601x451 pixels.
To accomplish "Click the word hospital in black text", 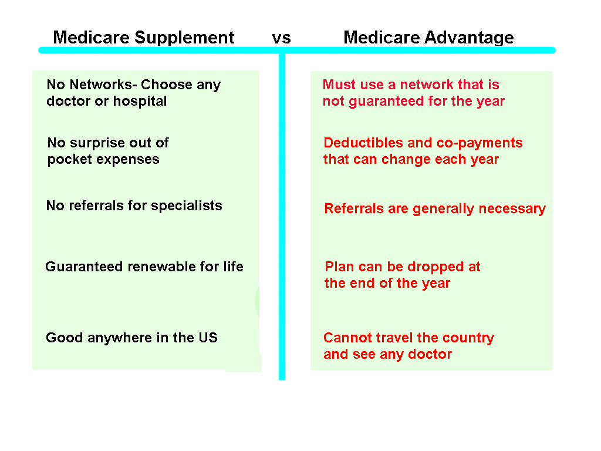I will [140, 101].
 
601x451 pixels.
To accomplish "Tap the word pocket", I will [68, 160].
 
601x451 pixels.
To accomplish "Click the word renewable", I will [158, 267].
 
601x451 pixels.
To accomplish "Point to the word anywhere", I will [120, 338].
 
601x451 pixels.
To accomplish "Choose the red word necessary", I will [516, 209].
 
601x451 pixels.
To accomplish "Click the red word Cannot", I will [345, 338].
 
